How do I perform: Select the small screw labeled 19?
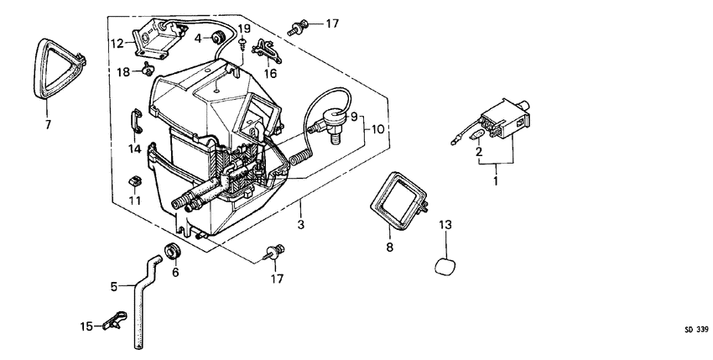click(242, 45)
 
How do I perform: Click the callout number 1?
click(495, 180)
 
